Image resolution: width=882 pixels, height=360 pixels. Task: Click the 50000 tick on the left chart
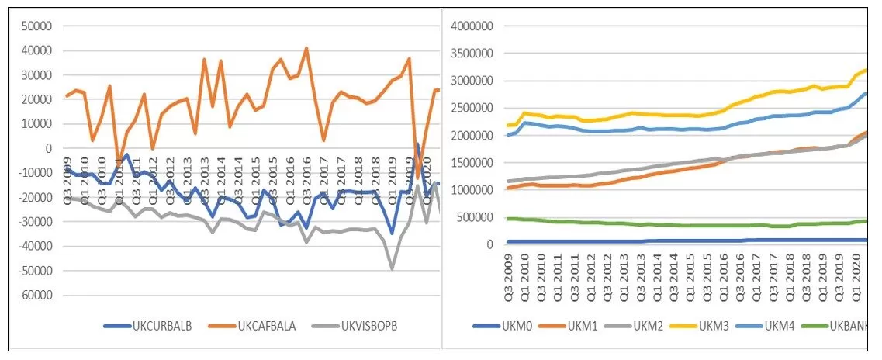click(35, 26)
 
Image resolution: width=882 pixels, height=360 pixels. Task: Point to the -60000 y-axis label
click(33, 296)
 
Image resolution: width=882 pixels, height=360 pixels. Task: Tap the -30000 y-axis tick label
click(33, 222)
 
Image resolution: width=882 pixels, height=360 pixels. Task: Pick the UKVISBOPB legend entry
click(364, 324)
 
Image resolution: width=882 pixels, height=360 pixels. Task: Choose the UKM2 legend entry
click(664, 324)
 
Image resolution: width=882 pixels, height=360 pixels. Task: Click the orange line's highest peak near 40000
click(306, 48)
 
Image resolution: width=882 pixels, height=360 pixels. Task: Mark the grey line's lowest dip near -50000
click(393, 268)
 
